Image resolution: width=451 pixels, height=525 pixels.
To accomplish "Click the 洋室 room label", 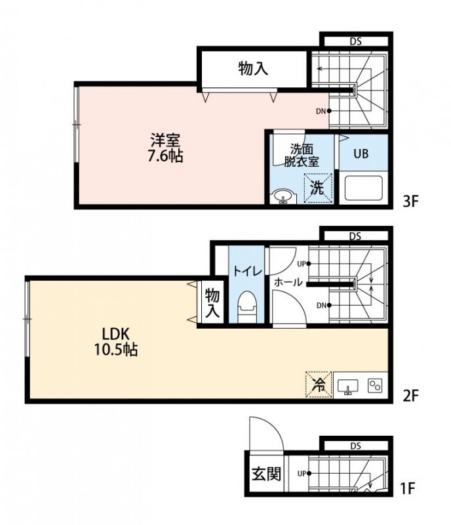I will (165, 140).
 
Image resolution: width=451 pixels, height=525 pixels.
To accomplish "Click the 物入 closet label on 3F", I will (253, 68).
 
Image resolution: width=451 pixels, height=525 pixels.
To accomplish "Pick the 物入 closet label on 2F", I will (212, 303).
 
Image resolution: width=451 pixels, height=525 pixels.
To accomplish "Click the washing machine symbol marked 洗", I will (317, 188).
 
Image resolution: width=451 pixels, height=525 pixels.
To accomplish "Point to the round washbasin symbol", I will (283, 196).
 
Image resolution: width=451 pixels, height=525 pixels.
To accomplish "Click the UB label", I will (361, 154).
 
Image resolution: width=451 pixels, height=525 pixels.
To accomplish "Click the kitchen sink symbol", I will (347, 386).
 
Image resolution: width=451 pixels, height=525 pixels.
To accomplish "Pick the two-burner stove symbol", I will (375, 386).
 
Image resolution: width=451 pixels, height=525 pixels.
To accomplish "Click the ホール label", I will (288, 282).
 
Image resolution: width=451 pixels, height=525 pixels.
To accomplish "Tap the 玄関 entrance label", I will (265, 473).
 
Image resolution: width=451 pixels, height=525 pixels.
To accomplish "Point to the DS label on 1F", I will (355, 446).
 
